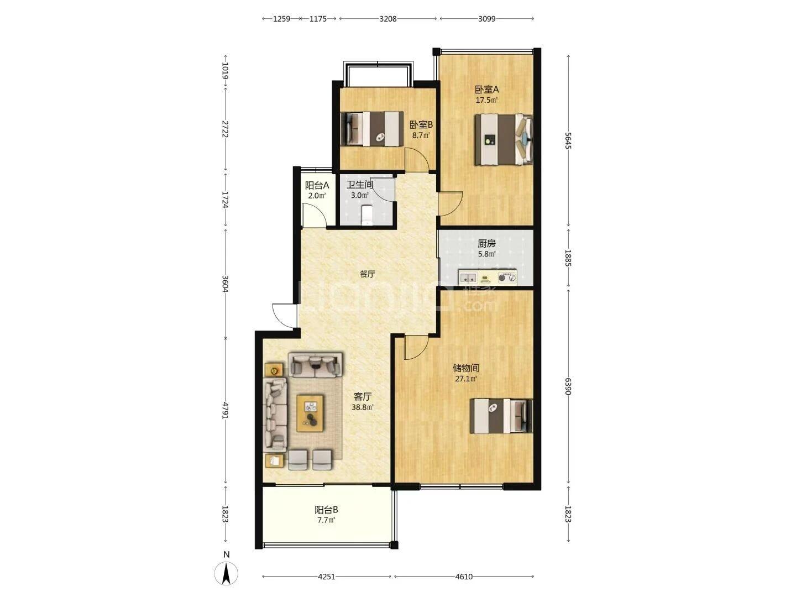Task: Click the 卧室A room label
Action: (x=486, y=89)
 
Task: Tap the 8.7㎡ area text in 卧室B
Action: (x=421, y=135)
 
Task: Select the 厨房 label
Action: (x=486, y=244)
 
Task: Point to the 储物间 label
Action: (x=466, y=368)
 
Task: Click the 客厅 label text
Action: (x=362, y=396)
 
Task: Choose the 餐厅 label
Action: (x=367, y=274)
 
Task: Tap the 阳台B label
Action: (x=326, y=510)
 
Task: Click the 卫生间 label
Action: (x=360, y=185)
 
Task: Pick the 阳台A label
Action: (x=317, y=186)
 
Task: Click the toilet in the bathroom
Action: (x=367, y=215)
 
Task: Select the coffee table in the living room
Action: (x=310, y=413)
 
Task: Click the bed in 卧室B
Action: (x=371, y=129)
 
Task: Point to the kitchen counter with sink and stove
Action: (x=488, y=277)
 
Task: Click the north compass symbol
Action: (x=226, y=573)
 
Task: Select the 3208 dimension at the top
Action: (x=387, y=19)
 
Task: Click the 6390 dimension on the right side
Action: (x=568, y=386)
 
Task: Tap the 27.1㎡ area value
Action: (x=466, y=379)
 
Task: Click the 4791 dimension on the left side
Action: (x=226, y=410)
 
